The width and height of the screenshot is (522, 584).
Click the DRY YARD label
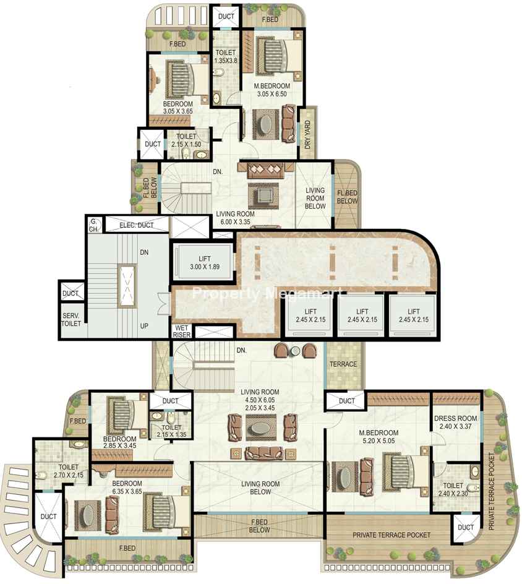point(307,134)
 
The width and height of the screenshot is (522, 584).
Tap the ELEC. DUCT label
point(136,225)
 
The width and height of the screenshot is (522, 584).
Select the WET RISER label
point(181,332)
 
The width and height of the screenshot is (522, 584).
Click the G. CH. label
point(93,225)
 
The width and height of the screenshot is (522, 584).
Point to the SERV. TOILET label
point(71,320)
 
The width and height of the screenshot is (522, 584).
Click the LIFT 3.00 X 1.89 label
point(204,262)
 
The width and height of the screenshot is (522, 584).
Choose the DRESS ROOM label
point(456,418)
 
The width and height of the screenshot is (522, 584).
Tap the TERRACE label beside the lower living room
point(343,364)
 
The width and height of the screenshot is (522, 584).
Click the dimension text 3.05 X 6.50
point(272,94)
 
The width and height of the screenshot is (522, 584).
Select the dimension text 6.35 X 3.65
point(127,491)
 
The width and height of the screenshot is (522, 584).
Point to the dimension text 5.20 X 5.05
point(379,441)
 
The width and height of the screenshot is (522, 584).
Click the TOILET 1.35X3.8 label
point(226,57)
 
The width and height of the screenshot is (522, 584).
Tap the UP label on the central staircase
point(144,326)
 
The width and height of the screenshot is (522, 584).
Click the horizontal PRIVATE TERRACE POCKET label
point(391,535)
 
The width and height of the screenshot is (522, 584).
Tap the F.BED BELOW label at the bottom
point(259,526)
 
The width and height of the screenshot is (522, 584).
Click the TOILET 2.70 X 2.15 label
point(69,471)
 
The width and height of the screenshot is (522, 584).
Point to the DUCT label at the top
point(226,16)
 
